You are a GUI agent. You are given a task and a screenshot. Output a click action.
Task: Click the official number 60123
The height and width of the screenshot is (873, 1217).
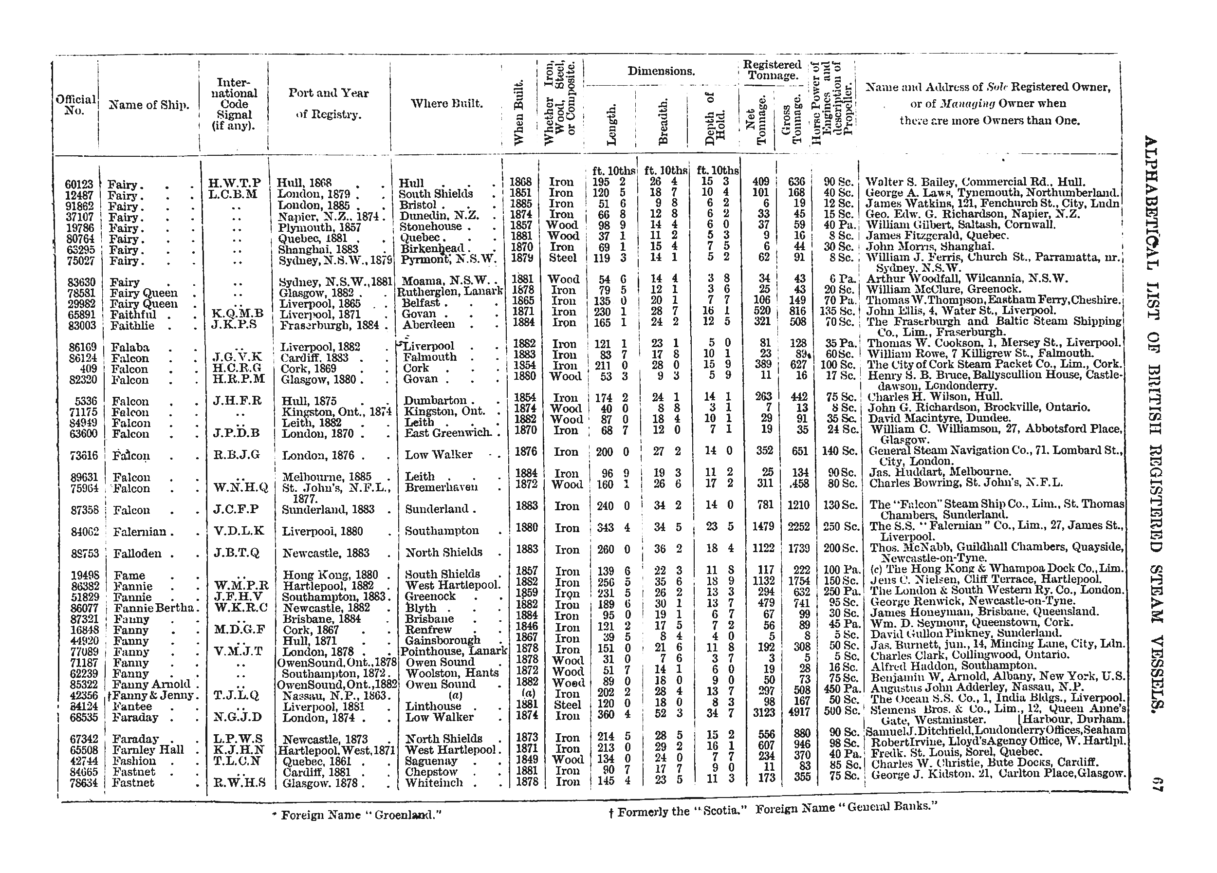click(x=79, y=185)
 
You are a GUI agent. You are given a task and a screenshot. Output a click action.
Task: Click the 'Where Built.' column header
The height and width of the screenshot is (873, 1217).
click(x=446, y=104)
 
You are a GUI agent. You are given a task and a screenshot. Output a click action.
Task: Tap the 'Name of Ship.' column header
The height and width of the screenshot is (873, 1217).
click(x=148, y=105)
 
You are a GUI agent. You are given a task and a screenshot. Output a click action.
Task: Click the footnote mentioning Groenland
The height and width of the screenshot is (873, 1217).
click(x=357, y=815)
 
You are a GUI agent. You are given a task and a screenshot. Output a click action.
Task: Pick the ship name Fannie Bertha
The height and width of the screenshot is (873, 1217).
click(x=153, y=609)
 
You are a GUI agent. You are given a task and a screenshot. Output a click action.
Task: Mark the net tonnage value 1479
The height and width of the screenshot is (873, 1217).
click(x=762, y=527)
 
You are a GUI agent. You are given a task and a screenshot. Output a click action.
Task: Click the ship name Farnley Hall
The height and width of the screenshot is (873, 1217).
click(x=148, y=750)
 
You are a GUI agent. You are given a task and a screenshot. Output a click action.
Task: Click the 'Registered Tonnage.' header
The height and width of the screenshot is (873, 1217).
click(x=772, y=70)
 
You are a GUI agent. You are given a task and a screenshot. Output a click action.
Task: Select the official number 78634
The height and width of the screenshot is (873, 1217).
click(x=82, y=783)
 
